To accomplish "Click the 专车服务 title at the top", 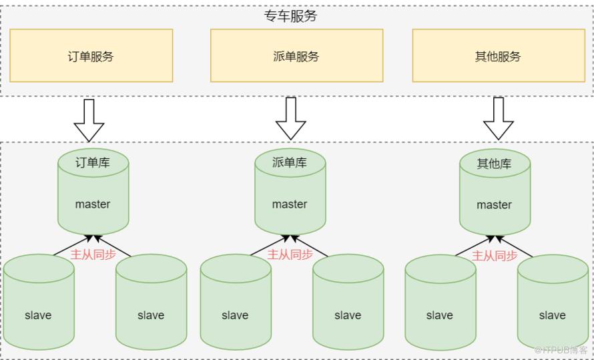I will tap(290, 16).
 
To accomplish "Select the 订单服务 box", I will tap(91, 56).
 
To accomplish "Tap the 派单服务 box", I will tap(296, 56).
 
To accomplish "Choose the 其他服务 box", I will tap(498, 56).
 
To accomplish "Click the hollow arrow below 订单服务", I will tap(89, 120).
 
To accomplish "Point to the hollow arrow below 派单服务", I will tap(290, 119).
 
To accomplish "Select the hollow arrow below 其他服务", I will tap(498, 119).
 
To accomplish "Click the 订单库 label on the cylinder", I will tap(93, 162).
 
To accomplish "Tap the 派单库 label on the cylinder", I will tap(290, 162).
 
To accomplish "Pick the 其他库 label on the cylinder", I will tap(494, 164).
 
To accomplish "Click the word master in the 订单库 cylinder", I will tap(93, 204).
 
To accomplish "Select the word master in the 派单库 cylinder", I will tap(290, 204).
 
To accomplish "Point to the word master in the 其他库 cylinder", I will tap(494, 205).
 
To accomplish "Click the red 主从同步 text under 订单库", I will tap(93, 254).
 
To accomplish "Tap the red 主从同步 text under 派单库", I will tap(290, 254).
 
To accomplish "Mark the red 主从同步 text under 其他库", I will tap(495, 256).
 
